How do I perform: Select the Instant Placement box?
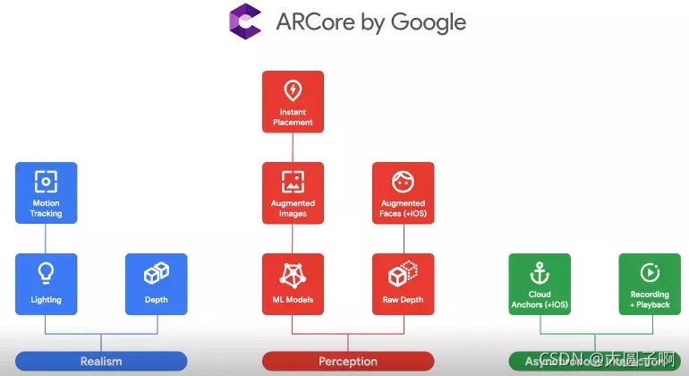pos(293,101)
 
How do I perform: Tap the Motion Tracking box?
pos(47,192)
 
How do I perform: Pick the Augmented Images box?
pos(293,192)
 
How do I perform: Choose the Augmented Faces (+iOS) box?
pos(403,192)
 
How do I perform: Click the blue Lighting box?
pos(47,284)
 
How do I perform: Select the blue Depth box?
pos(157,284)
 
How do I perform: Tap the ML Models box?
pos(293,284)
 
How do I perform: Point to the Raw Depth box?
pos(403,284)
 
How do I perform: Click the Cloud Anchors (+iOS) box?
pos(540,284)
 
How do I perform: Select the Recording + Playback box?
pos(650,284)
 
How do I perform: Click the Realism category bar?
pos(101,362)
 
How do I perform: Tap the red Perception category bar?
pos(348,362)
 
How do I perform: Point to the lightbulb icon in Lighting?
pos(47,273)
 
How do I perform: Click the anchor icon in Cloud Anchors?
pos(540,271)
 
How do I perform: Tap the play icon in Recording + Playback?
pos(650,271)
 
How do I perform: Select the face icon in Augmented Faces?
pos(403,181)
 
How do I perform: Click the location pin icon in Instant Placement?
pos(293,90)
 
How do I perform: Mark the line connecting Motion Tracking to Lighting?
pos(47,237)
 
